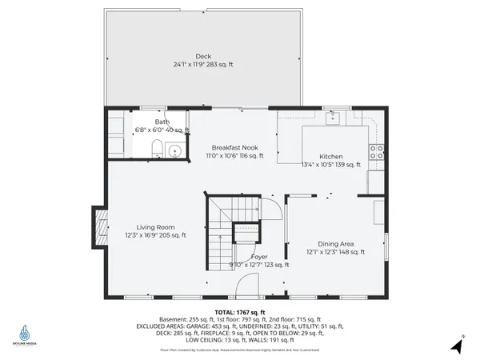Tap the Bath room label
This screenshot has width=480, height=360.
[162, 122]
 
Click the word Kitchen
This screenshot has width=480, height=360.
[330, 156]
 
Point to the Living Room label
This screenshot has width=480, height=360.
[154, 227]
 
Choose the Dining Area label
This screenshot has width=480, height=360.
[336, 243]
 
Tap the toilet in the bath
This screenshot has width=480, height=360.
[157, 148]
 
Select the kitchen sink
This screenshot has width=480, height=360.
[334, 118]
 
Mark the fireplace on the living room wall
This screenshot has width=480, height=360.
[100, 229]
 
